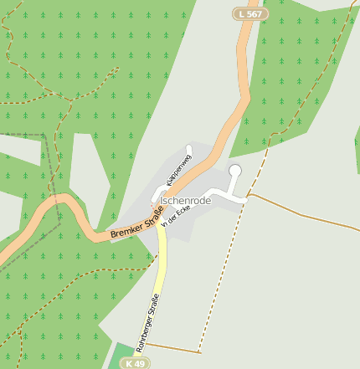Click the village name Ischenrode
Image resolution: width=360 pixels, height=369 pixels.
pos(185,201)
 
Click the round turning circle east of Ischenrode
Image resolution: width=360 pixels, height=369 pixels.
pos(235,171)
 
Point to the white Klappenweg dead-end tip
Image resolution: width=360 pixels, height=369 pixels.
pos(189,150)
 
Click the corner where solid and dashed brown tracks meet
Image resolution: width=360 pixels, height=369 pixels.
pos(199,351)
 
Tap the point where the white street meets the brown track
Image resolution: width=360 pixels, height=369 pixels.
pos(248,197)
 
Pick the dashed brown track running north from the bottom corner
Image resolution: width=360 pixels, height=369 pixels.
pos(219,284)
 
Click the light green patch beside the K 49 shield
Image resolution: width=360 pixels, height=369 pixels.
pos(116,356)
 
